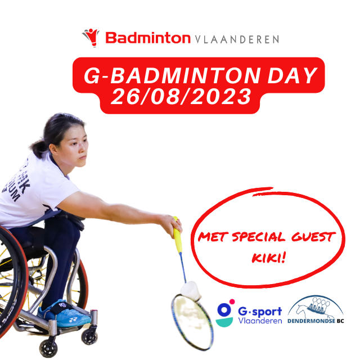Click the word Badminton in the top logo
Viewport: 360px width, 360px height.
click(x=148, y=38)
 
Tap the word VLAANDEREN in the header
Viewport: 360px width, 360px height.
click(x=237, y=39)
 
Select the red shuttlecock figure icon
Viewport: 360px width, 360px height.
click(x=91, y=38)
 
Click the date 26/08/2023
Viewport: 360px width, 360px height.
click(x=181, y=97)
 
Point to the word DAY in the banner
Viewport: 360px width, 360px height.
click(x=292, y=75)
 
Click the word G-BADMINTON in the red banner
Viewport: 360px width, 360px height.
click(x=172, y=75)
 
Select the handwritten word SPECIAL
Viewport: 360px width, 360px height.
click(x=259, y=237)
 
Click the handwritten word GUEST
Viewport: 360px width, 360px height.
click(x=313, y=237)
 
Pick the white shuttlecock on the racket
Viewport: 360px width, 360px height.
click(x=191, y=291)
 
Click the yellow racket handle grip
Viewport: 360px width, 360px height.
click(x=178, y=234)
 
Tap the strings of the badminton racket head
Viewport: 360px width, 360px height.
click(x=192, y=321)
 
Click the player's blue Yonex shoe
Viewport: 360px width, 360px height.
click(x=64, y=313)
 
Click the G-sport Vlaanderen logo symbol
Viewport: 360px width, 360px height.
click(x=225, y=313)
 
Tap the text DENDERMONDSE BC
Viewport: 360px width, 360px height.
click(x=316, y=321)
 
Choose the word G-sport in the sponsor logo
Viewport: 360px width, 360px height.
click(x=260, y=312)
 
